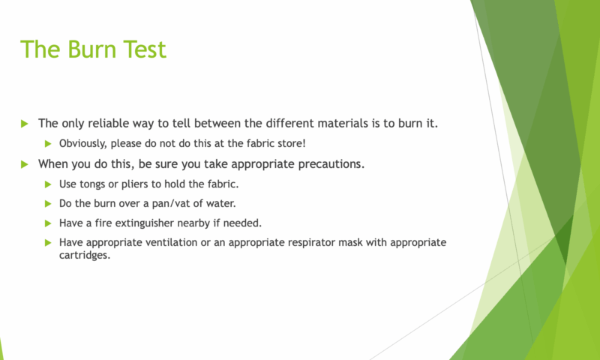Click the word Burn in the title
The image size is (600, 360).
click(92, 49)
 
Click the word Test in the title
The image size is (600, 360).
click(145, 49)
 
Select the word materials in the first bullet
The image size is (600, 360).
click(339, 124)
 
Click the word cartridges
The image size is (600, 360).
click(85, 256)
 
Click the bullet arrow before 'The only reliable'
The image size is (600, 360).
click(25, 124)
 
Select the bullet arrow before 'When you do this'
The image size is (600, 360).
click(25, 164)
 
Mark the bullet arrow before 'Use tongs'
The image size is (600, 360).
click(48, 184)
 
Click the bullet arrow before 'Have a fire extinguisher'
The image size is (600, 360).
click(48, 223)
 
